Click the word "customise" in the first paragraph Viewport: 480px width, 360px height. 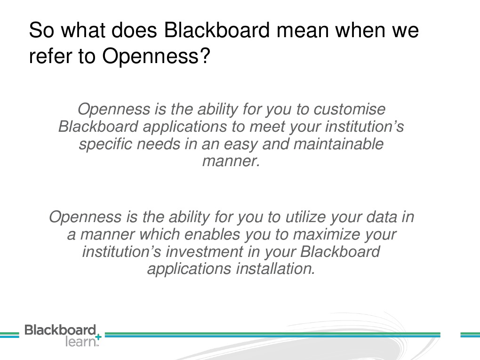tap(350, 110)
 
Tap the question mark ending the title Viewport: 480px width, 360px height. tap(204, 56)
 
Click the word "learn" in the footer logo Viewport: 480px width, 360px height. tap(80, 342)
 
